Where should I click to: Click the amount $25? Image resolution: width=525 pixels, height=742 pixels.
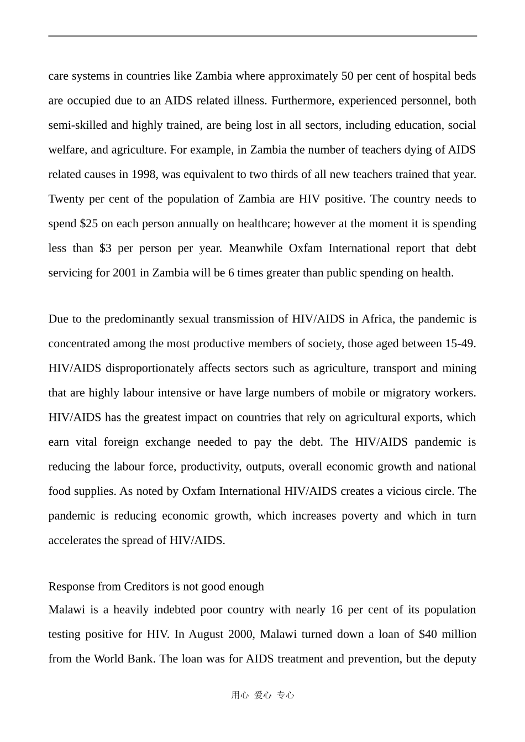click(x=89, y=224)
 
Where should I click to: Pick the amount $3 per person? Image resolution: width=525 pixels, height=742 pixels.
click(x=106, y=248)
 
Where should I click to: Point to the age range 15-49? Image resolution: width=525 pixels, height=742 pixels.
click(x=460, y=344)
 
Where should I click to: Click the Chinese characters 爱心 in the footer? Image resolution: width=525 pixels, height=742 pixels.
click(x=262, y=696)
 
